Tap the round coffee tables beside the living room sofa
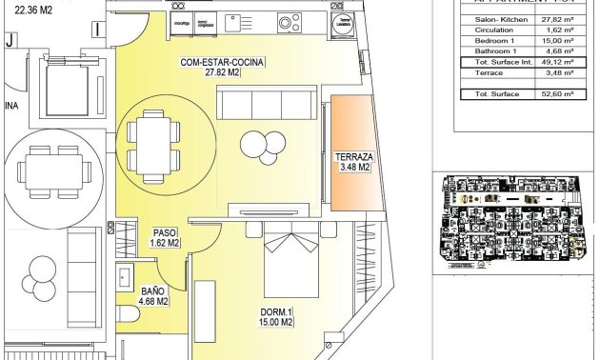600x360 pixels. tap(262, 144)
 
